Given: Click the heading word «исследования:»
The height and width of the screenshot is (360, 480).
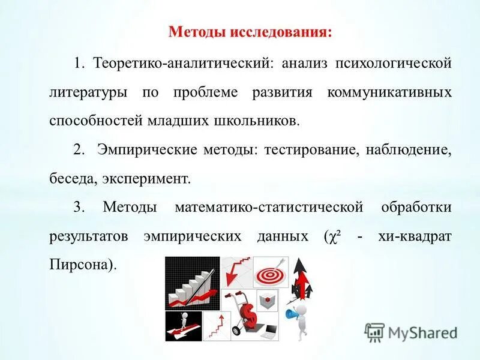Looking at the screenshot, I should (x=280, y=31).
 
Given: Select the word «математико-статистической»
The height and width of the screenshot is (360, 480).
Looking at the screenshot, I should (x=269, y=208).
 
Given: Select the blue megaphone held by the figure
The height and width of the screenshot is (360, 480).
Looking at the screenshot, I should (x=292, y=314).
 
